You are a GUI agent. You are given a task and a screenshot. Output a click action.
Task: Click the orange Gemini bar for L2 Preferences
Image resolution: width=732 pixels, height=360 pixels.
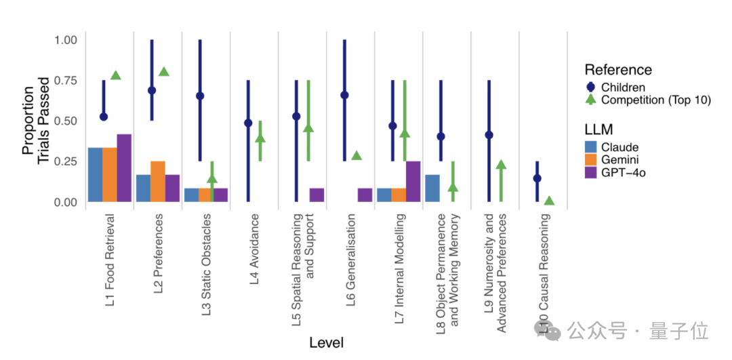click(158, 181)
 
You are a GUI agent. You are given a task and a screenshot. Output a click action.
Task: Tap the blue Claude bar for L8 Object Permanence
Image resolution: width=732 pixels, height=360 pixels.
click(432, 188)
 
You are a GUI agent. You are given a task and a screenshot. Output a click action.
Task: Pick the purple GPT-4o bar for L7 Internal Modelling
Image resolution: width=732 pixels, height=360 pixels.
click(413, 181)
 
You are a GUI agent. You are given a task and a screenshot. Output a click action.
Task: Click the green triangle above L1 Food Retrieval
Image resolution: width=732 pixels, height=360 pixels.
click(115, 75)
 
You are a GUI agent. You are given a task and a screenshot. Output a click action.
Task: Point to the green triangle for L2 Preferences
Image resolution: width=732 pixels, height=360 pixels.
click(163, 71)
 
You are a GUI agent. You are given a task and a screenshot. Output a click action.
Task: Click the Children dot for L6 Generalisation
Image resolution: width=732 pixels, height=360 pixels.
click(344, 95)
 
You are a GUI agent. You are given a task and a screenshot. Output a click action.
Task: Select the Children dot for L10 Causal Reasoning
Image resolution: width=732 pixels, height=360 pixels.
click(537, 178)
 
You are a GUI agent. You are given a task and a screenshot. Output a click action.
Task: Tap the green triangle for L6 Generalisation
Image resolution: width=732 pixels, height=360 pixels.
click(357, 155)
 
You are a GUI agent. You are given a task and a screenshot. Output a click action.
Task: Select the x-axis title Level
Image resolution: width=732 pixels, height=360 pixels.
click(327, 342)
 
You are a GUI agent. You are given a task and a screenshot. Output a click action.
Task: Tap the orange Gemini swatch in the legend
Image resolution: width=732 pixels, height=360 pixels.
click(591, 160)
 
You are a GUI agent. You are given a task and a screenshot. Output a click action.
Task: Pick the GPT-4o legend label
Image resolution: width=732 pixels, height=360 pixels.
click(624, 173)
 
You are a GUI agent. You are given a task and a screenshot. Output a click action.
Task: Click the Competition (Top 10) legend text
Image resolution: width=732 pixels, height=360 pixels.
click(655, 100)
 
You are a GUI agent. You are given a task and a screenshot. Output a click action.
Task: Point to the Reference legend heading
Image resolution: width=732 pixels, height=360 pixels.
click(618, 70)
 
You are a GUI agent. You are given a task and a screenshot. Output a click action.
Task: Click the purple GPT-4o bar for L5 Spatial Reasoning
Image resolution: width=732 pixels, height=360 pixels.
click(317, 195)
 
